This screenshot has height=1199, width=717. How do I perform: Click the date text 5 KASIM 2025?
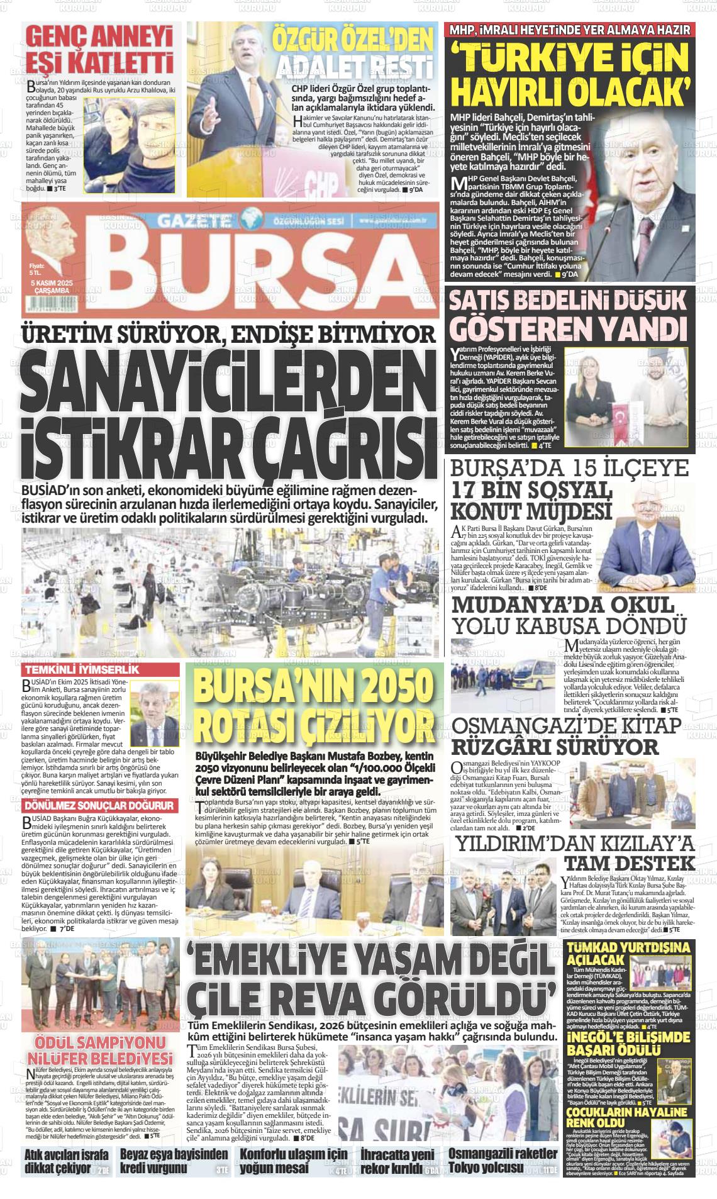tap(53, 284)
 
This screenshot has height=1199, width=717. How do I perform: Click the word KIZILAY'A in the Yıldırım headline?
tap(648, 844)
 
